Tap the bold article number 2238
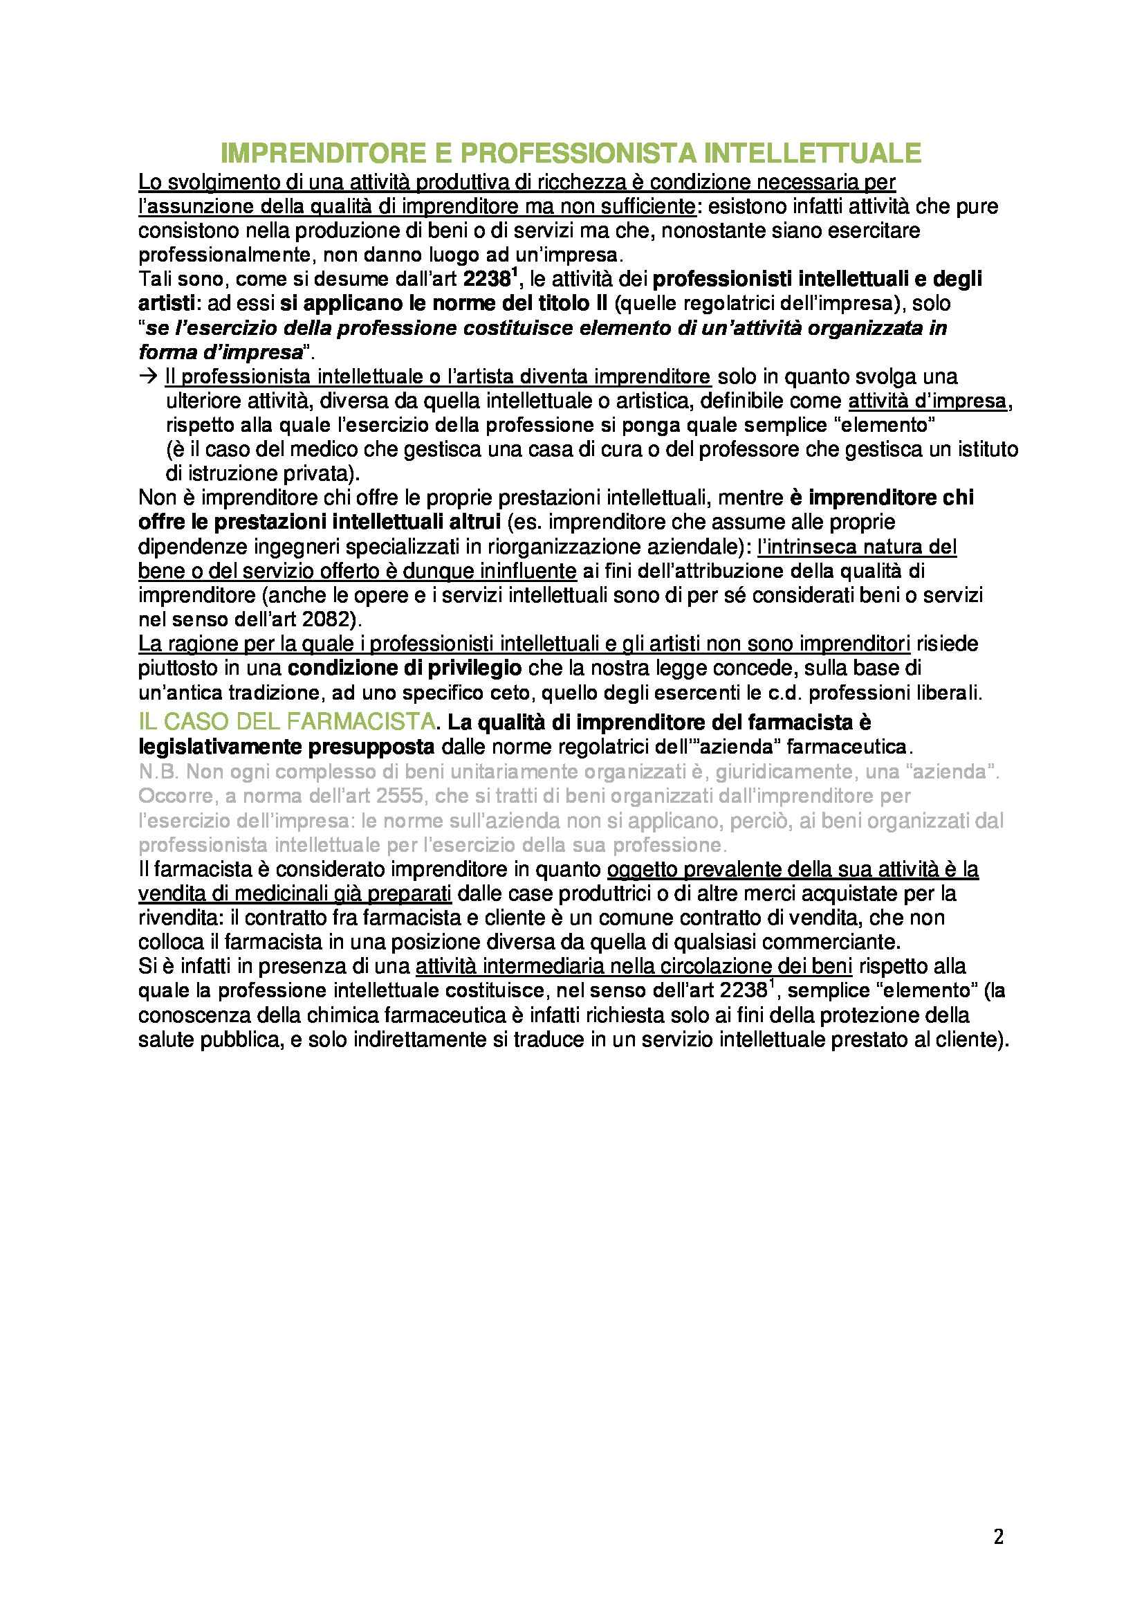click(486, 280)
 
